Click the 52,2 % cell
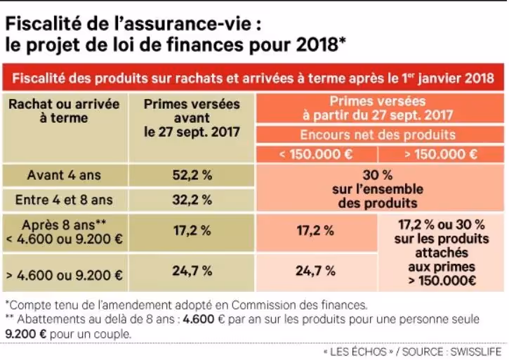[192, 175]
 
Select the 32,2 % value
[192, 200]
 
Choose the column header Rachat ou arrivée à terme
[64, 111]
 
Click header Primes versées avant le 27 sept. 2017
[192, 118]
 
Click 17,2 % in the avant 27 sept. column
[192, 230]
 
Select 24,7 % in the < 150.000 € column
[316, 269]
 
